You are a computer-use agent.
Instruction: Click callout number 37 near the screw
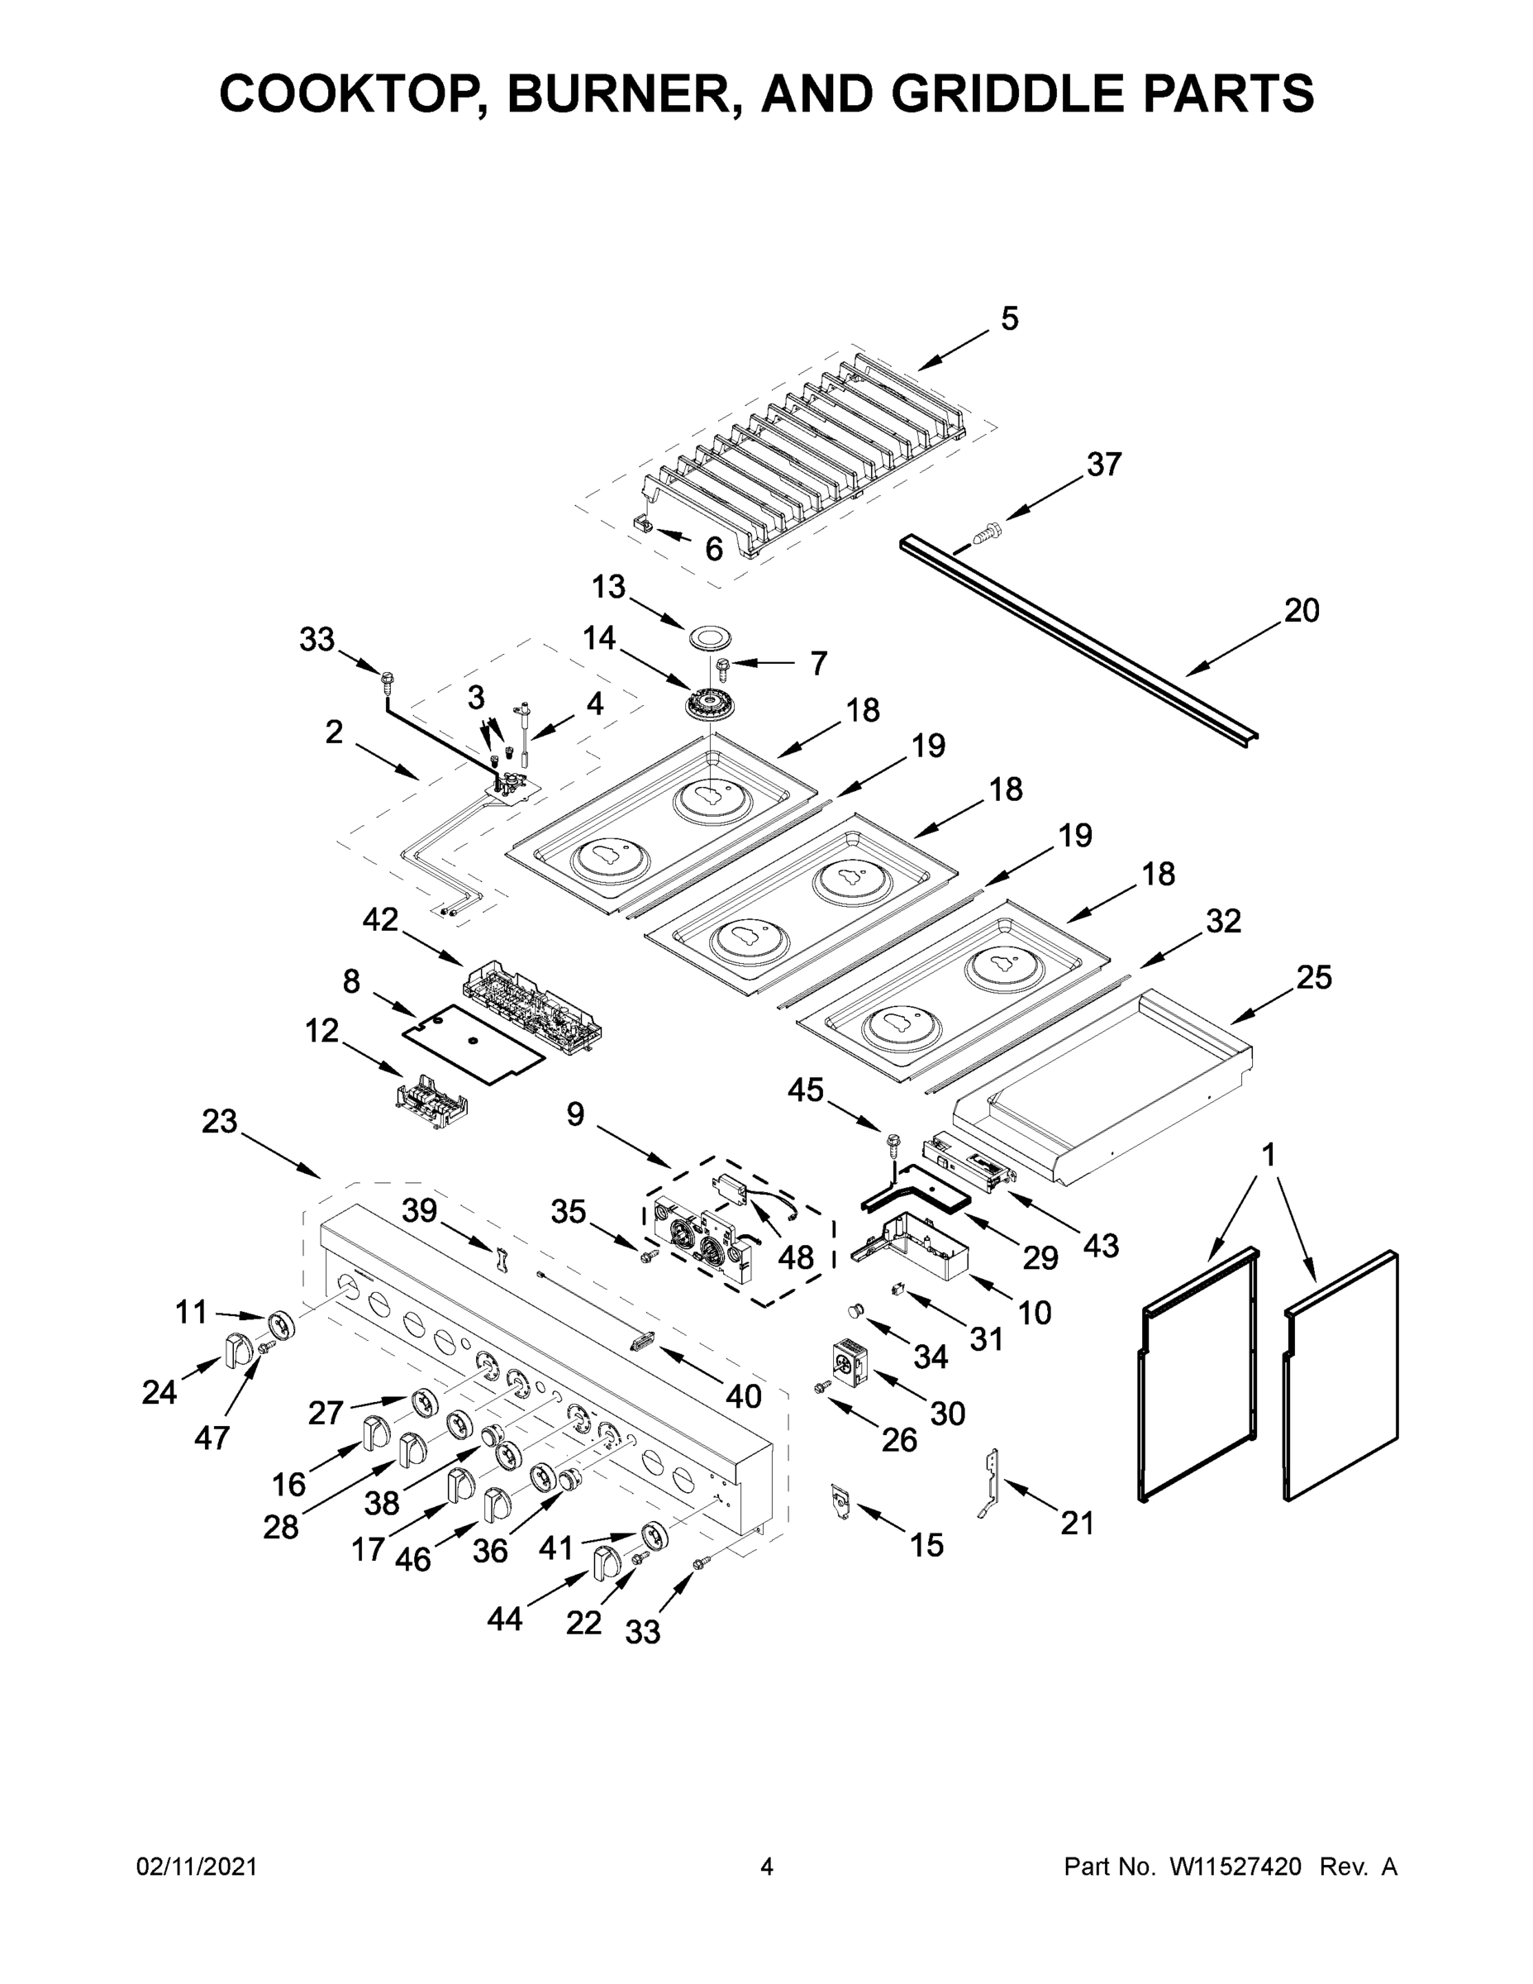(1103, 465)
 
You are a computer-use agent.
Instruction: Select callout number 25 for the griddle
(1313, 977)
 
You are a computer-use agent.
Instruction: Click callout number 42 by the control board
(379, 919)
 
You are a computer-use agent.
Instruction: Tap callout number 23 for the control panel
(219, 1121)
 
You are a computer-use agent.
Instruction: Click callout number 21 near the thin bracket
(1077, 1523)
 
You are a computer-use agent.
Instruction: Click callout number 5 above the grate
(1010, 319)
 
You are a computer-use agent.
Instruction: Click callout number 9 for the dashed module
(575, 1114)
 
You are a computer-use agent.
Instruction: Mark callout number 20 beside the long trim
(1301, 610)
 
